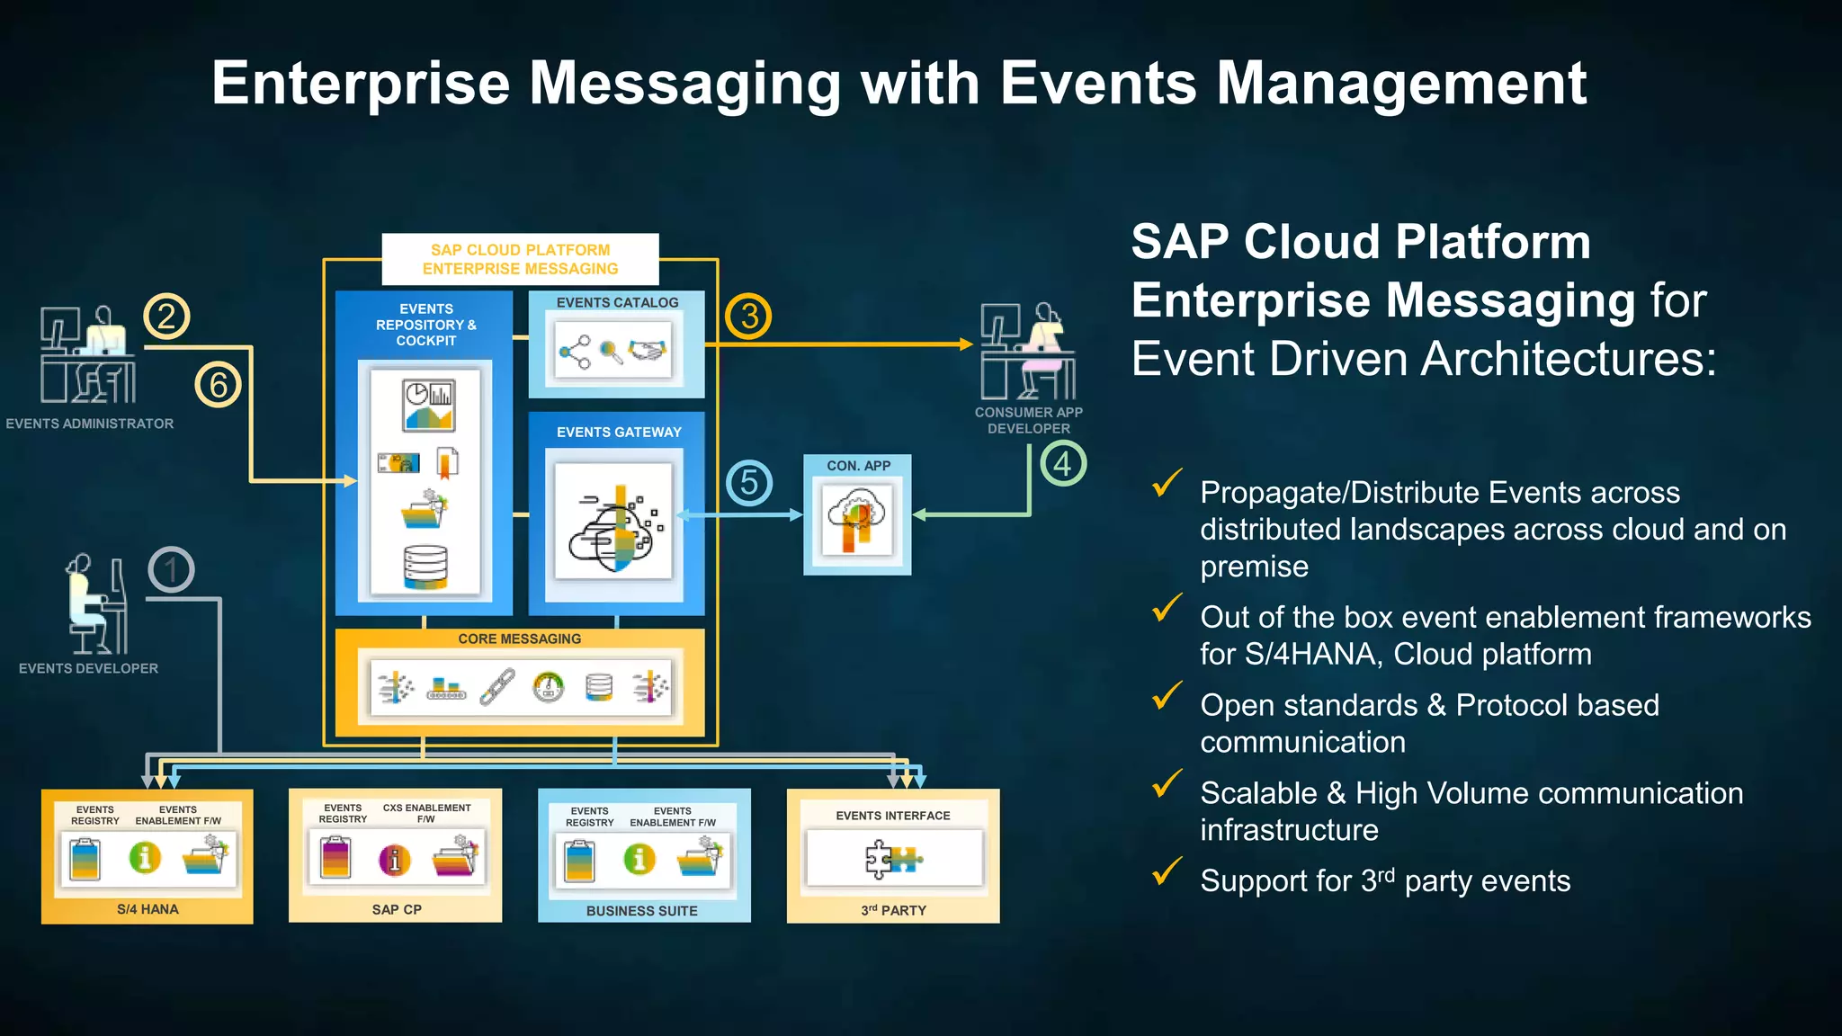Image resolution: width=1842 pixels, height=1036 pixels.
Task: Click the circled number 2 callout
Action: [x=166, y=317]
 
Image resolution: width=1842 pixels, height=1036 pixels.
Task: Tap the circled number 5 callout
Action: [x=749, y=483]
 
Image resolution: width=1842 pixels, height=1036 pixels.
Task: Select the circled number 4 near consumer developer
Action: [x=1063, y=464]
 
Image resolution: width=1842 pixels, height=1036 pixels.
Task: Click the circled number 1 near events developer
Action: [x=171, y=569]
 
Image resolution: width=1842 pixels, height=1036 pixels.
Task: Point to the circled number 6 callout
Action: [x=219, y=385]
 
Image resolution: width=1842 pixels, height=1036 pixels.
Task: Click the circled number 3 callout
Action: [x=748, y=317]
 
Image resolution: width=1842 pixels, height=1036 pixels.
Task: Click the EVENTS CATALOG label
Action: [x=617, y=303]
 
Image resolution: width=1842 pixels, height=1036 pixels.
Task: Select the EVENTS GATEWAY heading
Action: [x=619, y=433]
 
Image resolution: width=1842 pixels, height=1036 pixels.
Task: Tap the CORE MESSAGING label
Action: [x=519, y=639]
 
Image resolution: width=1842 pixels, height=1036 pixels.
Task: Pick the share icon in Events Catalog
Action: [x=574, y=353]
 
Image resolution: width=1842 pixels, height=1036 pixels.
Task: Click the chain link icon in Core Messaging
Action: [x=496, y=687]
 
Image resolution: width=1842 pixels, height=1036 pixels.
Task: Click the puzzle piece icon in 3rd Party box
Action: [x=891, y=859]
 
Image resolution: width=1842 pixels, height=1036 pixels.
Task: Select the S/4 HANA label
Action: [x=148, y=909]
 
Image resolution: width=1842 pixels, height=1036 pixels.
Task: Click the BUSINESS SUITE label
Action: [x=641, y=911]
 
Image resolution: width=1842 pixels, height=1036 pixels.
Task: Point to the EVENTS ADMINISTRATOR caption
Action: [x=90, y=424]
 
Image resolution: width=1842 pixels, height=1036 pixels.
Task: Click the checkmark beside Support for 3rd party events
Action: [x=1167, y=871]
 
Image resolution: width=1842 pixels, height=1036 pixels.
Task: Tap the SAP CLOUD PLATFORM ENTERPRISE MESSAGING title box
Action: [x=520, y=259]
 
